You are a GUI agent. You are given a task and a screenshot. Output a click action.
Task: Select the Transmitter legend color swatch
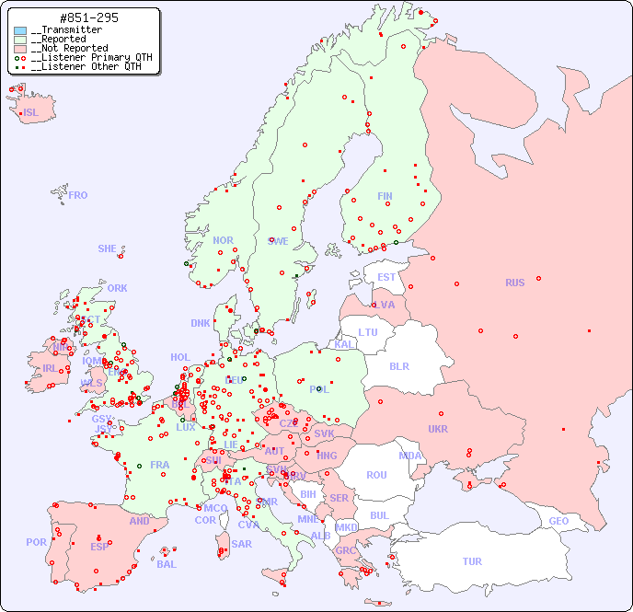pos(20,30)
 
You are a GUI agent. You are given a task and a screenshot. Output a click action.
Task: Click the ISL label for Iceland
pos(30,113)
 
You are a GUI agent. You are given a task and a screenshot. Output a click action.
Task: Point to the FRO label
pos(77,195)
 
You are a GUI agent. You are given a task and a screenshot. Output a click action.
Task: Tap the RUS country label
pos(514,283)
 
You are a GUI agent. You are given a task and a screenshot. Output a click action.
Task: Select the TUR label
pos(472,561)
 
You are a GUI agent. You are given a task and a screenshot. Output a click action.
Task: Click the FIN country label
pos(385,196)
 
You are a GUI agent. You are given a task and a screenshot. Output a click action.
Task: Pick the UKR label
pos(438,429)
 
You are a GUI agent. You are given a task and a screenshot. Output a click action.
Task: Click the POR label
pos(36,542)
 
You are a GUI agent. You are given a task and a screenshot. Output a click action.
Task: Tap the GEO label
pos(558,521)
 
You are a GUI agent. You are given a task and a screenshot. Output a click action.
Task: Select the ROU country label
pos(376,475)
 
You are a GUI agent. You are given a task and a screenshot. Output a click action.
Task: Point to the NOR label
pos(223,240)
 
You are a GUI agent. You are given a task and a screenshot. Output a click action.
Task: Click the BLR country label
pos(398,365)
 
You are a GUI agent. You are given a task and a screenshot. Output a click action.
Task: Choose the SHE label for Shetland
pos(108,248)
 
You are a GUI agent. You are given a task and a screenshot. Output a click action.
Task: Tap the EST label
pos(386,277)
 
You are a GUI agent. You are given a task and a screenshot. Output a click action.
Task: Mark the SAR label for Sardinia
pos(241,544)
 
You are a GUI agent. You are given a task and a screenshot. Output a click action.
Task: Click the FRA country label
pos(160,465)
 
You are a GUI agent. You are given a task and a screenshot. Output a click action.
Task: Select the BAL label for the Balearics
pos(166,564)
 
